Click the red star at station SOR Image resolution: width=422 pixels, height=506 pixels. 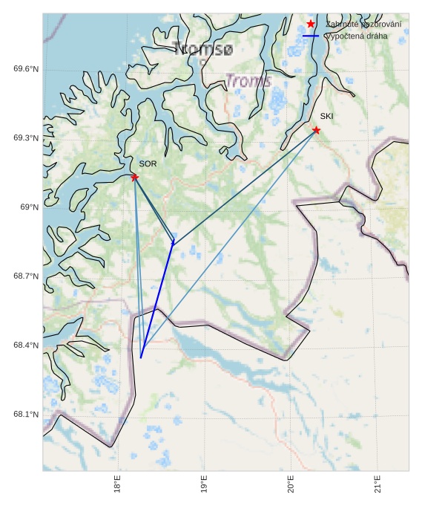(134, 177)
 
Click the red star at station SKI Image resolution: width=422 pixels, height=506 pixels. (316, 130)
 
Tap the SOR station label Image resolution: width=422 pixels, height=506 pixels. (148, 163)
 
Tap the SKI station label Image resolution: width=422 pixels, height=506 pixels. (326, 117)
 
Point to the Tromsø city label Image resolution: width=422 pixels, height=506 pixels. (202, 50)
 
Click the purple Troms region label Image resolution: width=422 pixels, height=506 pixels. (248, 81)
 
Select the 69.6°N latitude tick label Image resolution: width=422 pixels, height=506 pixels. (26, 69)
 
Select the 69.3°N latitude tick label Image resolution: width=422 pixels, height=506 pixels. (26, 138)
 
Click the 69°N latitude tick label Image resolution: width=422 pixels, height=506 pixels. (29, 207)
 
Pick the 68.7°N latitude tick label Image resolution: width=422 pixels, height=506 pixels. (26, 276)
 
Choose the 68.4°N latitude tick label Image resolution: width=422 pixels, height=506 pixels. (26, 346)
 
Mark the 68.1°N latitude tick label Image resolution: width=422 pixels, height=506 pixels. (26, 415)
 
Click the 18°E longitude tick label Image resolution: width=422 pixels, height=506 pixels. (118, 483)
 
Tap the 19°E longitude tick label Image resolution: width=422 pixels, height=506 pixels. (204, 483)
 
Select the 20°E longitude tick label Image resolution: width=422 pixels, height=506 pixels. (291, 483)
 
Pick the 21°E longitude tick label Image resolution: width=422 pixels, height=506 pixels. (378, 483)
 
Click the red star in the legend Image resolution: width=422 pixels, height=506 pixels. (311, 25)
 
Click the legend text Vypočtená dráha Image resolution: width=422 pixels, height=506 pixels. (356, 36)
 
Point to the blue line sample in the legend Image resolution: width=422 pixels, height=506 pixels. (311, 36)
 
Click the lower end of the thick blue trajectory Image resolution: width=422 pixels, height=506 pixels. (141, 358)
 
